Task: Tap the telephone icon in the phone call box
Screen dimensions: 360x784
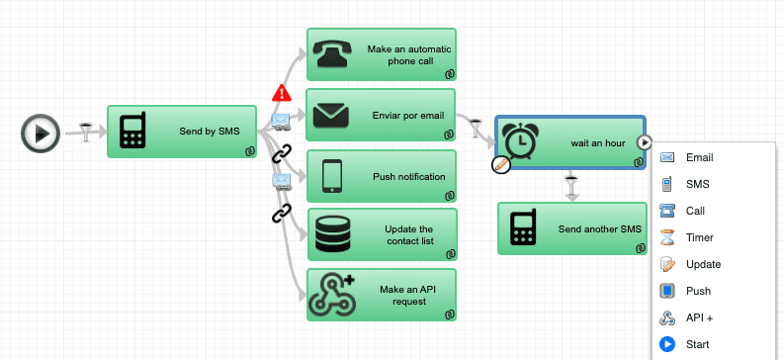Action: pos(336,55)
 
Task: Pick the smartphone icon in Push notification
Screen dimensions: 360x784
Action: pos(332,177)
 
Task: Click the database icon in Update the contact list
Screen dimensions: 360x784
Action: pos(332,235)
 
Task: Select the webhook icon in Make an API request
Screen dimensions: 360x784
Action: pos(332,294)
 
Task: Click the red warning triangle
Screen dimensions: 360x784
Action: pos(282,94)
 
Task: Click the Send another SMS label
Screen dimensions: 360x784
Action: pos(599,229)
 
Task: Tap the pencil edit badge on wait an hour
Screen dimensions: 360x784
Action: pos(500,165)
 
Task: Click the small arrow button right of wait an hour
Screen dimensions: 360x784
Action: pos(644,142)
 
